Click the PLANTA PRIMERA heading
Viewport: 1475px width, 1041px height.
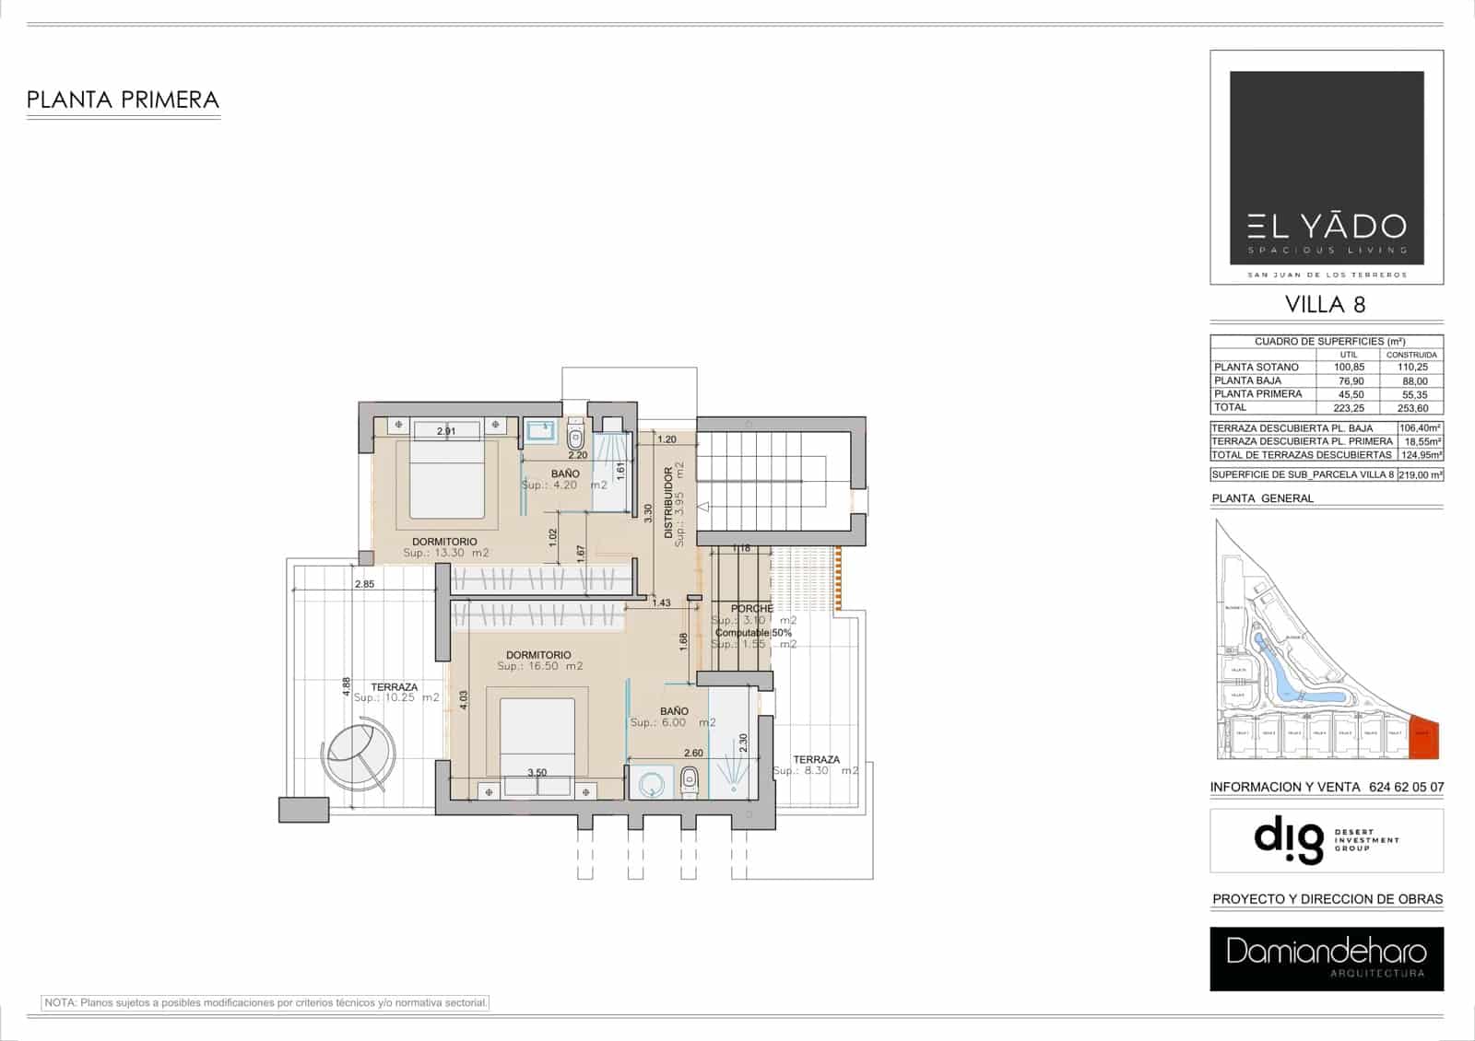(x=123, y=99)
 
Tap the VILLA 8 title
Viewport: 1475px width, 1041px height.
(x=1326, y=304)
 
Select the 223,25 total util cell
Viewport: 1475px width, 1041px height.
(x=1349, y=407)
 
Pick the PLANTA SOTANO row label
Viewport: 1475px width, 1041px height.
(x=1257, y=367)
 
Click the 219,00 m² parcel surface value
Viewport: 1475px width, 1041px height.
(x=1421, y=475)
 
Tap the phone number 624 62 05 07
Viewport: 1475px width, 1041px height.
(x=1407, y=788)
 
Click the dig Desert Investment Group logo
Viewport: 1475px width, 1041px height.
(x=1326, y=840)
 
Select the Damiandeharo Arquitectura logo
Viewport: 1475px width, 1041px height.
(x=1326, y=959)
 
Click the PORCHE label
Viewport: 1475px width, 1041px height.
(x=751, y=609)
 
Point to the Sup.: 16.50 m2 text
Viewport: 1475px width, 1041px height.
(x=539, y=666)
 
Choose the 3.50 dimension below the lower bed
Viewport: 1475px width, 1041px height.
(x=537, y=773)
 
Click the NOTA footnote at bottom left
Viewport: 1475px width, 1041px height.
(x=265, y=1002)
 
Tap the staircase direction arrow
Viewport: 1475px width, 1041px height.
(x=703, y=507)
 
